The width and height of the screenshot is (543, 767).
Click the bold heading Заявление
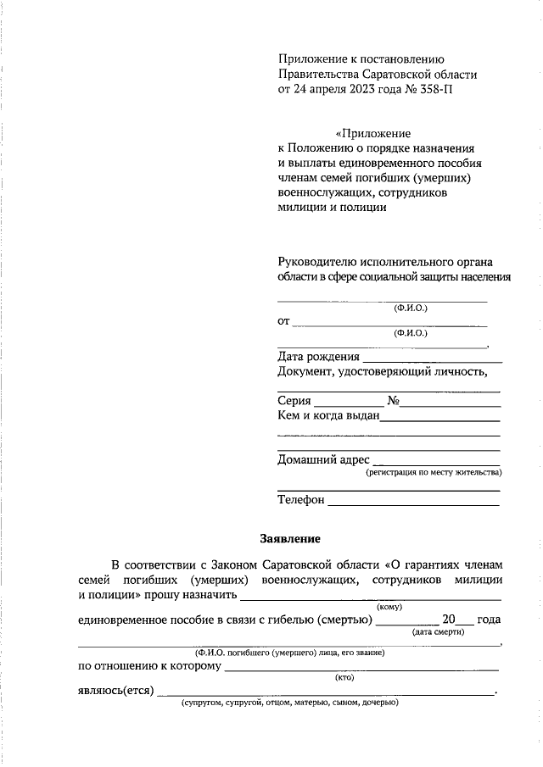[289, 537]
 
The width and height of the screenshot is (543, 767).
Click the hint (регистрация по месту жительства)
[433, 472]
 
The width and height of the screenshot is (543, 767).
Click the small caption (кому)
[389, 606]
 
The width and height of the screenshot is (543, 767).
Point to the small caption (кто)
[344, 677]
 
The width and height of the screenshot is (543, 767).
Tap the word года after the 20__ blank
[489, 620]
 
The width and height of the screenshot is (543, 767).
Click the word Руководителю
[320, 262]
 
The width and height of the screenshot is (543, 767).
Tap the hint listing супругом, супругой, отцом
[288, 703]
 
